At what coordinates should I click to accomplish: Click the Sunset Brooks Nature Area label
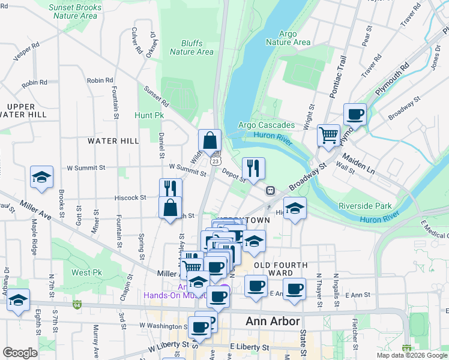click(x=75, y=11)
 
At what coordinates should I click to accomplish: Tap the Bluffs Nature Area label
click(x=191, y=47)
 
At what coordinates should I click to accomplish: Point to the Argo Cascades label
click(x=266, y=125)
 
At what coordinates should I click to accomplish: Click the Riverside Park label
click(x=364, y=206)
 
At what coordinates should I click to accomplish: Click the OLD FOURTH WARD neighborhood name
click(x=280, y=269)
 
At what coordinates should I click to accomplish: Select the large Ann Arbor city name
click(x=273, y=321)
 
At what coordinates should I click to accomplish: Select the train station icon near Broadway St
click(x=271, y=190)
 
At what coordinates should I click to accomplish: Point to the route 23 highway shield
click(x=215, y=161)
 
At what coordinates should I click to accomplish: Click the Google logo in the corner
click(x=20, y=352)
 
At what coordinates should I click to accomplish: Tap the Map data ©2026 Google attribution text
click(x=412, y=355)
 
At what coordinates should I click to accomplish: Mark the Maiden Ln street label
click(x=358, y=163)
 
